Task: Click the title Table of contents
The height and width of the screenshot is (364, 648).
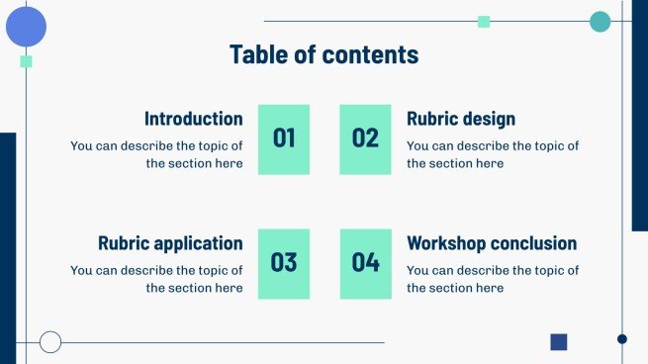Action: (324, 54)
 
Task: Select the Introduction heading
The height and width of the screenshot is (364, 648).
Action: (193, 119)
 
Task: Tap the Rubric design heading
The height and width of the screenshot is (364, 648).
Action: (460, 119)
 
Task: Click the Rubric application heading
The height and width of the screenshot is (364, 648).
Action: (170, 243)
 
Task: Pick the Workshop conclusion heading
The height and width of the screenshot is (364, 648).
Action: (491, 243)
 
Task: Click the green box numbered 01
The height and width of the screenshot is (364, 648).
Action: (284, 138)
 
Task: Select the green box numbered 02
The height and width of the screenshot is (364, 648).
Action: (365, 138)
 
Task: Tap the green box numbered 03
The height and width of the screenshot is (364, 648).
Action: (284, 263)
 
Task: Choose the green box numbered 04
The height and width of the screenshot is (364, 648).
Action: (365, 263)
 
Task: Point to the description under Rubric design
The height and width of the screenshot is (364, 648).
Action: (492, 154)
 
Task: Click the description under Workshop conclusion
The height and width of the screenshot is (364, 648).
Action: (492, 279)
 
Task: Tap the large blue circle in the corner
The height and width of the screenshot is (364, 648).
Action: (27, 27)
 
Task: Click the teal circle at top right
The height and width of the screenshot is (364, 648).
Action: (600, 22)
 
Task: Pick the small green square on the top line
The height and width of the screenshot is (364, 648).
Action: (484, 22)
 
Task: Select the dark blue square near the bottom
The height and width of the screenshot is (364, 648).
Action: (559, 342)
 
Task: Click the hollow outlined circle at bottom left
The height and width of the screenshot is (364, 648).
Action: (50, 342)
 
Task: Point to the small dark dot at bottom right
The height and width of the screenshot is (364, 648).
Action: (622, 339)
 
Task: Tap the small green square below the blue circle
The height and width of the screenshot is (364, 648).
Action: (27, 61)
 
